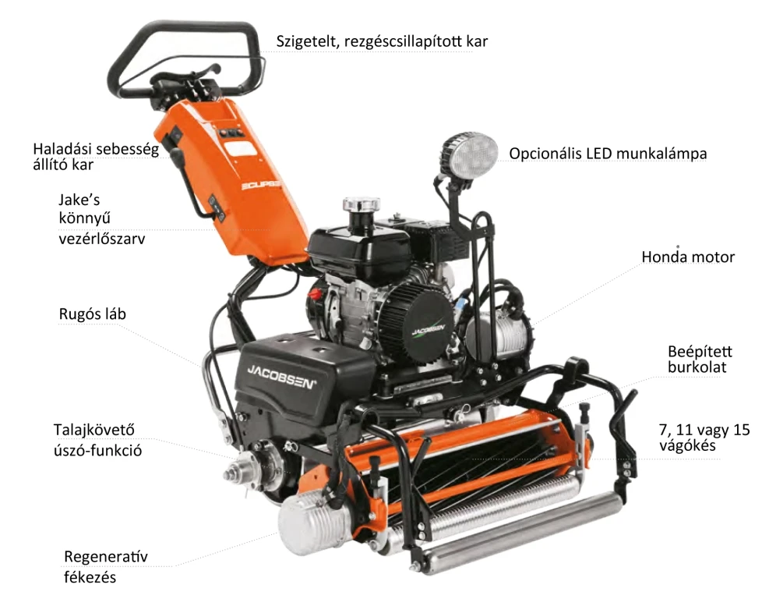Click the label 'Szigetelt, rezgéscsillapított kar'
point(382,41)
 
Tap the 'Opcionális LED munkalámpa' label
point(608,154)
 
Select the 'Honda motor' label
point(688,257)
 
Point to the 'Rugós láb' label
point(92,314)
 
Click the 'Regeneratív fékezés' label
point(105,566)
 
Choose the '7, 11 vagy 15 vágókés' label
point(704,438)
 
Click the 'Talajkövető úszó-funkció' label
point(97,440)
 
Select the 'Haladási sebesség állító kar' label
point(96,157)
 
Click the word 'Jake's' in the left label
point(79,200)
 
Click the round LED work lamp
point(468,155)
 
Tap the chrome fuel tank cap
point(362,205)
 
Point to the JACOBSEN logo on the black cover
point(281,377)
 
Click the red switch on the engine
point(314,295)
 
